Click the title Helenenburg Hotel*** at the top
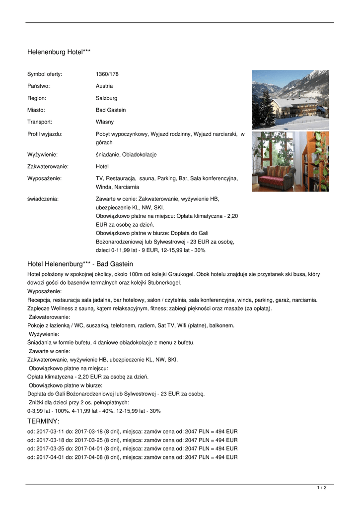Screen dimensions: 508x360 pos(59,52)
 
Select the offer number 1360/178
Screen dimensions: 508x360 pos(107,74)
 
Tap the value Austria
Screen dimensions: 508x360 pos(104,86)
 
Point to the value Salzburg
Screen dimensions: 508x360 pos(107,98)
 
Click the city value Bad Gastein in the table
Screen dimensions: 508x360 pos(111,110)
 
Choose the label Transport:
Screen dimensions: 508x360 pos(40,122)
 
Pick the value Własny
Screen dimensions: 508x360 pos(105,122)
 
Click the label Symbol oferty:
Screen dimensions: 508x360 pos(45,74)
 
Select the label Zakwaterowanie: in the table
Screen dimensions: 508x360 pos(48,167)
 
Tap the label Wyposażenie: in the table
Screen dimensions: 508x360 pos(44,178)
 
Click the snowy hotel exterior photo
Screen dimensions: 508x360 pos(289,100)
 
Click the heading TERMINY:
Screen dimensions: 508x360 pos(43,421)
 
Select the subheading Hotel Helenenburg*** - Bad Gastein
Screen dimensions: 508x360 pos(80,264)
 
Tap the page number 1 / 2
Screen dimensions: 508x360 pos(322,488)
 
